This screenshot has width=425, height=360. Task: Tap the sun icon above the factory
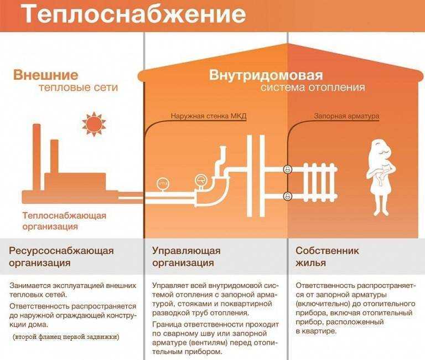click(x=94, y=124)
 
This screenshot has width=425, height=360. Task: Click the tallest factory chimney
click(x=37, y=157)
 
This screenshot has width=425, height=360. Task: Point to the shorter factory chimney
click(x=54, y=157)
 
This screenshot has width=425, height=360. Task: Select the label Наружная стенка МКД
click(x=209, y=116)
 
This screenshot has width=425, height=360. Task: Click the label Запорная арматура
click(x=346, y=116)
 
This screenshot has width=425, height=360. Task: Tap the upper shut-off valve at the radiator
click(x=287, y=169)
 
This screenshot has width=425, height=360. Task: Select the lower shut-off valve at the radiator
click(x=287, y=196)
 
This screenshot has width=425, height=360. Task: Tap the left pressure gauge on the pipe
click(x=162, y=184)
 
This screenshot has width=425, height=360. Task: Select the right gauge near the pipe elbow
click(x=201, y=180)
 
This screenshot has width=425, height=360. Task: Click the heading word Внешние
click(x=45, y=75)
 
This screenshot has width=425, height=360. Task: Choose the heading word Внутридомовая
click(x=266, y=75)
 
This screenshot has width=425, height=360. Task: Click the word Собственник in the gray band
click(x=327, y=250)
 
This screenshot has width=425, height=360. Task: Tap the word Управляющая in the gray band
click(x=186, y=251)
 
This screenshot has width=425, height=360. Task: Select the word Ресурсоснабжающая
click(x=61, y=251)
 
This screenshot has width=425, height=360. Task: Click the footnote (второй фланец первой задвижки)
click(x=66, y=337)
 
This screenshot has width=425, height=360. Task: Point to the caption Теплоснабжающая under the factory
click(x=64, y=216)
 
